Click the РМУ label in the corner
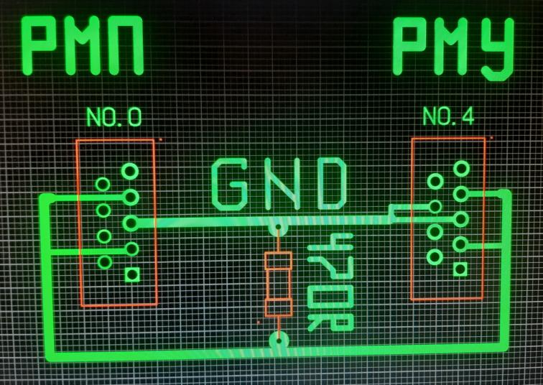pos(453,48)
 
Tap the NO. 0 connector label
pos(113,117)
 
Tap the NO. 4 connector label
pos(448,116)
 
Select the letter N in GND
pos(280,185)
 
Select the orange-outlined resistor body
pos(278,284)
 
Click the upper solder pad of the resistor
pos(277,229)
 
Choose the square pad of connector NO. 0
pos(132,274)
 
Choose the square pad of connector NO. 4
pos(460,269)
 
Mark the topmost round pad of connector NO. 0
pos(130,171)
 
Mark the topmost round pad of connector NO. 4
pos(461,168)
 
